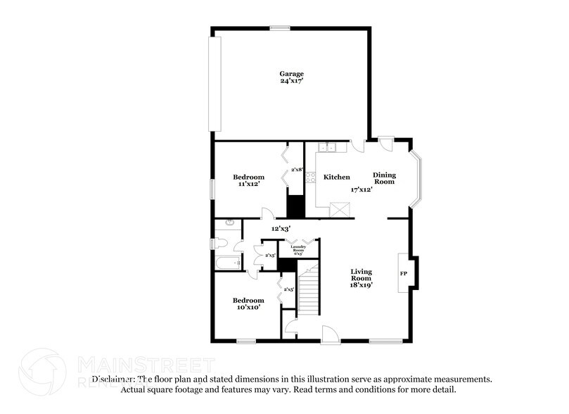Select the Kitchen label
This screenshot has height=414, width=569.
[336, 177]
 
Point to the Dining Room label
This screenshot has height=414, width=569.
[384, 178]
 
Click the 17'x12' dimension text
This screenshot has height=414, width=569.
[362, 189]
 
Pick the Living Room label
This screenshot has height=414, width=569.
[362, 275]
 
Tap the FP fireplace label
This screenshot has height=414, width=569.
[404, 272]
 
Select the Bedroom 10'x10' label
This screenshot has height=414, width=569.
[248, 303]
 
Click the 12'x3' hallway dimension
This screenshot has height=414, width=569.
[282, 228]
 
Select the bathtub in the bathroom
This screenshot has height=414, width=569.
[226, 265]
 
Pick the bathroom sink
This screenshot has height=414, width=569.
[227, 223]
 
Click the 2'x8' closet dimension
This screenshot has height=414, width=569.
[298, 170]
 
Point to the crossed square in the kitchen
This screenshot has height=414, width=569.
[340, 209]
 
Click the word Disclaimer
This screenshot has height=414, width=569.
[113, 379]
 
